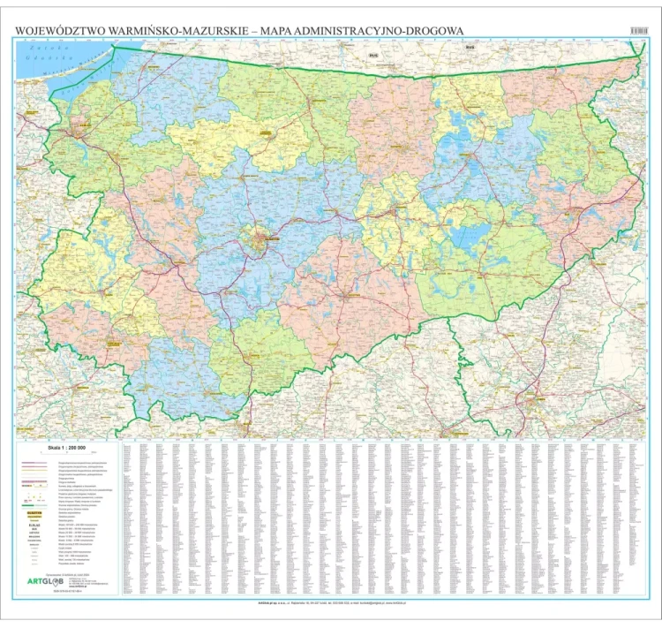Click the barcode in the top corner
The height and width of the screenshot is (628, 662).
pyautogui.click(x=638, y=30)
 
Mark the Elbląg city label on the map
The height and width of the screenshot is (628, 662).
pyautogui.click(x=86, y=125)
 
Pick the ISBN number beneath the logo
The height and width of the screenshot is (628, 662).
pyautogui.click(x=65, y=592)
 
